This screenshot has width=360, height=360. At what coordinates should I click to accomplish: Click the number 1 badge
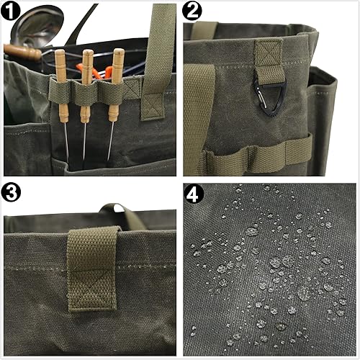coord(10,11)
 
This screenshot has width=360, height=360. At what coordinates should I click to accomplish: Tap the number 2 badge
coord(192,11)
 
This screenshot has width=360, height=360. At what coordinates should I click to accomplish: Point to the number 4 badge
coord(194,194)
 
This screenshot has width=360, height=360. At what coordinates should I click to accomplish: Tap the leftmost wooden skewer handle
coord(62,86)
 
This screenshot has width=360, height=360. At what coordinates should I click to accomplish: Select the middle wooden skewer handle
coord(86,86)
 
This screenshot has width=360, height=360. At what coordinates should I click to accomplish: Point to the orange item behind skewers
coord(94,71)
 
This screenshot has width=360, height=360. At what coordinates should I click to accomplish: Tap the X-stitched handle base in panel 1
coord(153,107)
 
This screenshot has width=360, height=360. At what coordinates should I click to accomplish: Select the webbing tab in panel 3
coord(92,269)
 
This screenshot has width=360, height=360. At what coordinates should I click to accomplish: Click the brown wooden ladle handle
coord(22,52)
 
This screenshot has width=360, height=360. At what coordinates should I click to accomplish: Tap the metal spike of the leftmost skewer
coord(66,142)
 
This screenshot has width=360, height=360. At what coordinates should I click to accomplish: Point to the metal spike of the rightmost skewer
coord(110,140)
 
